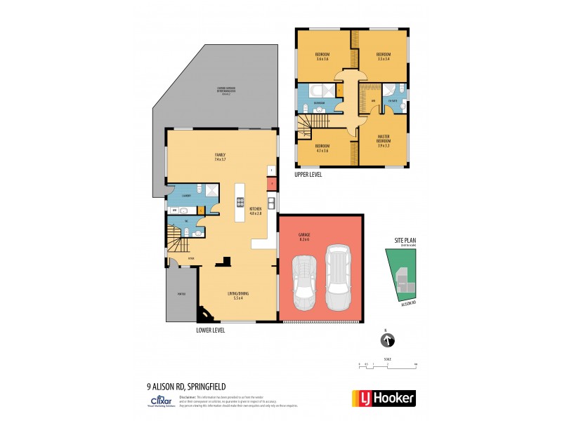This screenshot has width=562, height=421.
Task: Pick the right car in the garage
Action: (337, 277)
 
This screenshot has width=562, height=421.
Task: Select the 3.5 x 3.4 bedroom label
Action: (384, 56)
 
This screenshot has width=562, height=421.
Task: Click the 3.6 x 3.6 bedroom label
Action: (323, 56)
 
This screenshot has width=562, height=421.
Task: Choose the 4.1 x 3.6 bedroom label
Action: (323, 147)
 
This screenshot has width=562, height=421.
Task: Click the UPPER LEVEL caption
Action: (309, 174)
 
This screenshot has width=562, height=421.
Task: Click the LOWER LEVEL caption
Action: (211, 329)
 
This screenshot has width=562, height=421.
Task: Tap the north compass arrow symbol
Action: (386, 341)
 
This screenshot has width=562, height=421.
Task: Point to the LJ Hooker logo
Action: (383, 399)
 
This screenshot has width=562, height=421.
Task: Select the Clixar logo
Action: (157, 399)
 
